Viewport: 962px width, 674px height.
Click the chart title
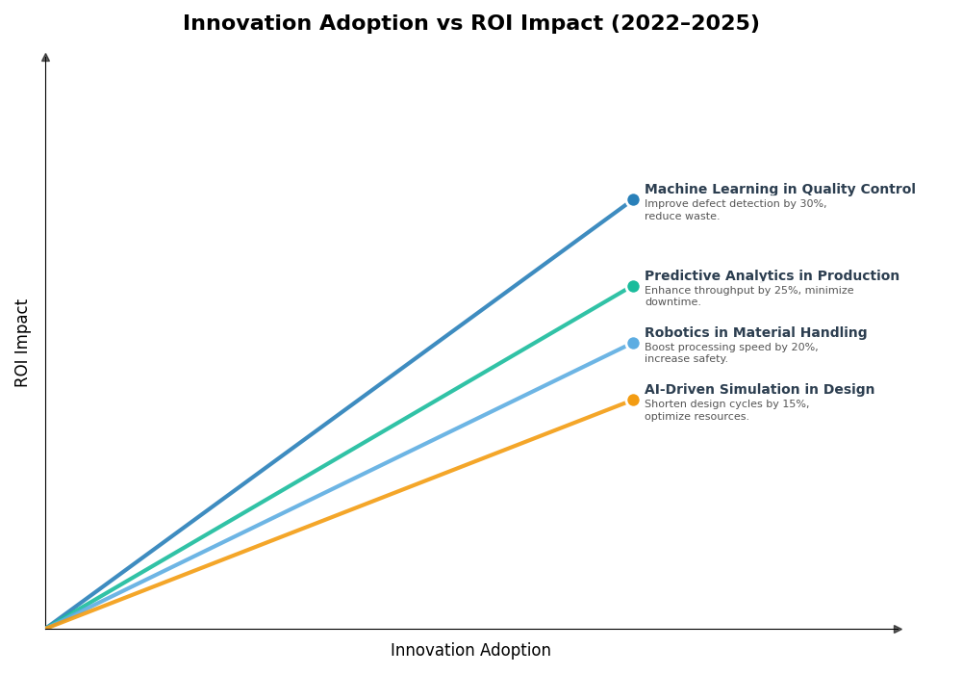pos(470,24)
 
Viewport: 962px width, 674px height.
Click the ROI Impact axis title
pos(22,343)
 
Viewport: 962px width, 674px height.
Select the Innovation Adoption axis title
pos(470,651)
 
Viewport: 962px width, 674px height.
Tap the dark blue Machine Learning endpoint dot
pos(633,200)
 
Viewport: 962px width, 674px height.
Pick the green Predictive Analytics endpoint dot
pos(633,286)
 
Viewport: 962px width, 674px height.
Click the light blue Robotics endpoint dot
pos(633,343)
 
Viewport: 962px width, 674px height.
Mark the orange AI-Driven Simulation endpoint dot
pos(633,400)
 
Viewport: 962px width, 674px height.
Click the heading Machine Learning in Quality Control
pos(779,190)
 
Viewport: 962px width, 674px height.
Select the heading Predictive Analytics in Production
pos(772,276)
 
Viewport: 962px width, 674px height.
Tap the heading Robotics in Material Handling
pos(755,333)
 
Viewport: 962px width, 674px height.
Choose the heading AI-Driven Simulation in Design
pos(759,390)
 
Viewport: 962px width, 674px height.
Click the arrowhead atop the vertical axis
pos(45,58)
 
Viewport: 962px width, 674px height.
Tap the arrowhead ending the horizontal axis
pos(898,629)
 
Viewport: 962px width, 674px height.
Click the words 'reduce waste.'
pos(681,217)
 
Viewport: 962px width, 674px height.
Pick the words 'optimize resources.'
pos(696,417)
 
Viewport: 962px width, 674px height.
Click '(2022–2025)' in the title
pos(684,24)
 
